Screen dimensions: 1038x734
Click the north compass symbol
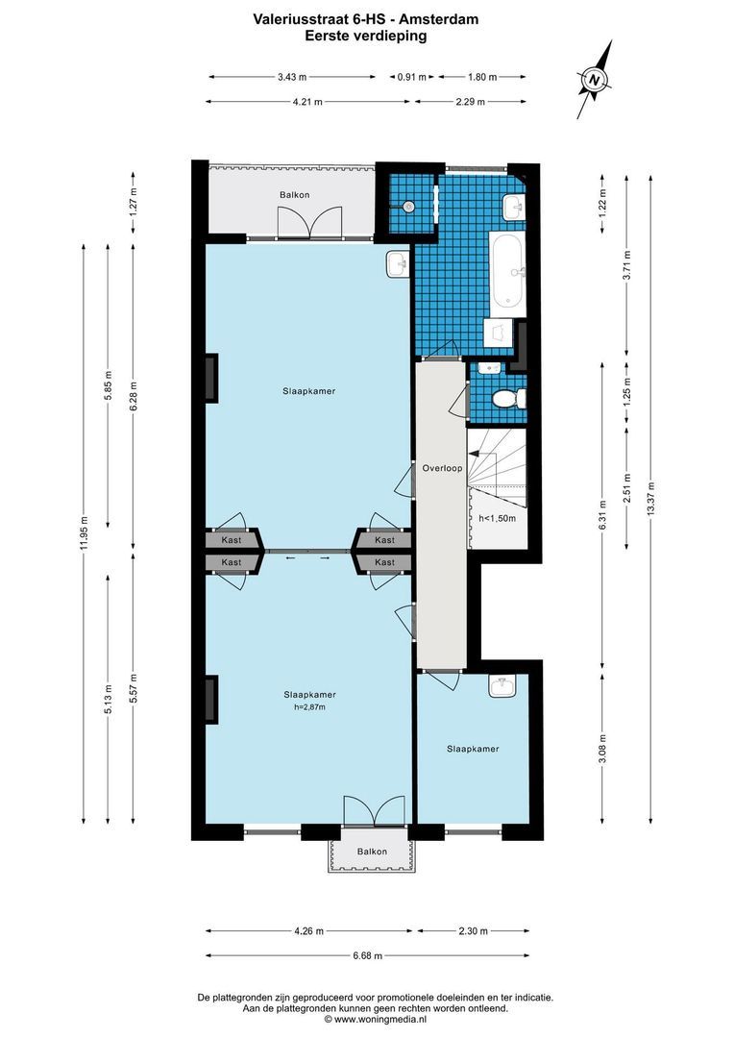pyautogui.click(x=595, y=80)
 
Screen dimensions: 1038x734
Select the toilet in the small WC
pyautogui.click(x=506, y=398)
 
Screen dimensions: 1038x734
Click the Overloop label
pyautogui.click(x=442, y=468)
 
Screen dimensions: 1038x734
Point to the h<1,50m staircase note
pyautogui.click(x=497, y=518)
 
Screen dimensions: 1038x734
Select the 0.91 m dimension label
pyautogui.click(x=412, y=77)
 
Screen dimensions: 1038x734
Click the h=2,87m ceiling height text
pyautogui.click(x=309, y=707)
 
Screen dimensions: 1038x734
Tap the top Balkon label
pyautogui.click(x=294, y=195)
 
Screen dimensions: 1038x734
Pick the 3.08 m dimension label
pyautogui.click(x=602, y=747)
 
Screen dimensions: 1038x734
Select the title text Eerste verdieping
pyautogui.click(x=366, y=35)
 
